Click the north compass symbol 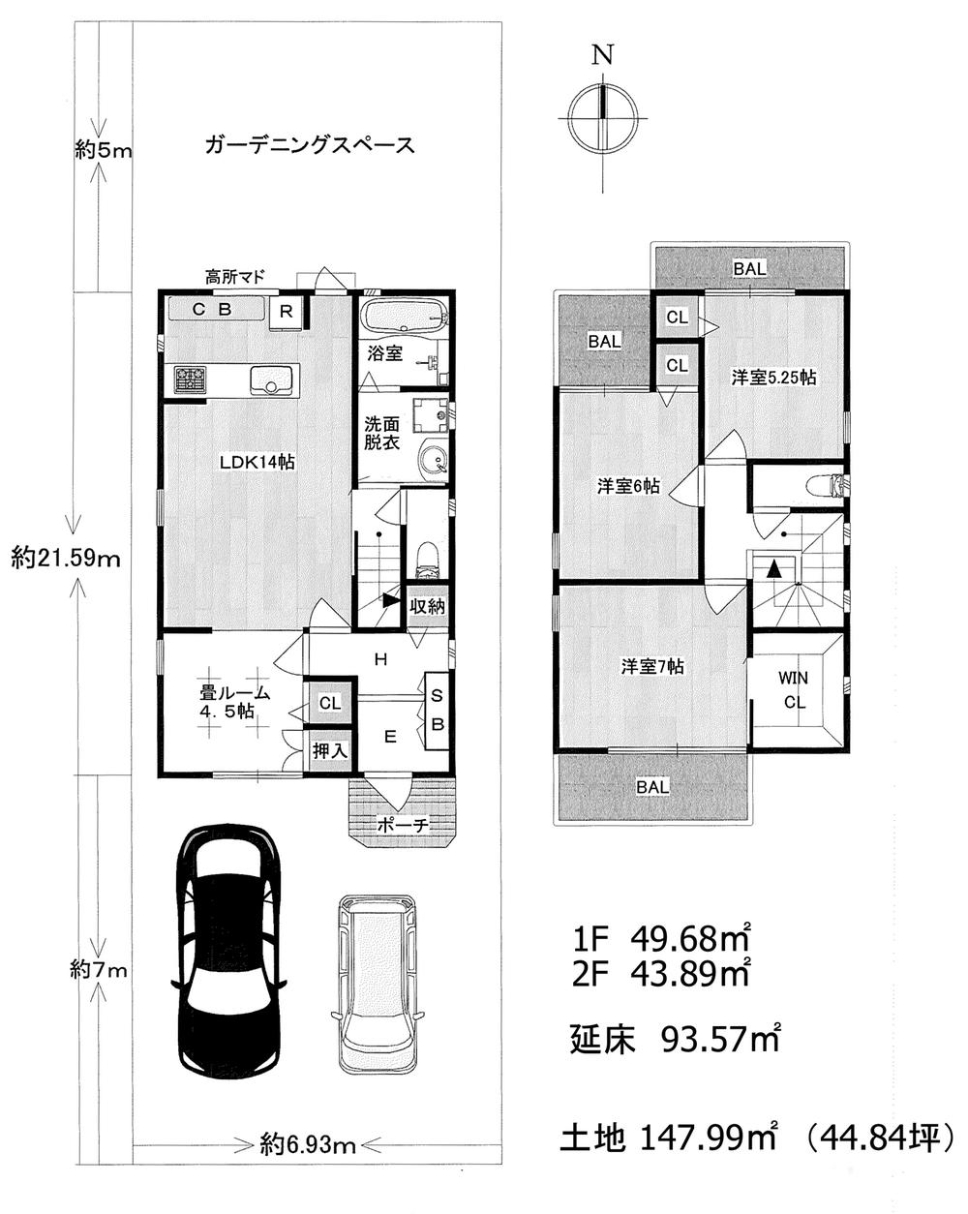tap(603, 116)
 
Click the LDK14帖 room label tap(257, 463)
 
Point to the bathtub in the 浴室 tap(403, 317)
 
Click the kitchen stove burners tap(190, 379)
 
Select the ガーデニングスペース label tap(310, 145)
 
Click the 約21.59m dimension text tap(67, 559)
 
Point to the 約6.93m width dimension tap(309, 1146)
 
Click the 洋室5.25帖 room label tap(773, 377)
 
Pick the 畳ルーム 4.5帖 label tap(233, 702)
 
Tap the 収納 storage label tap(427, 607)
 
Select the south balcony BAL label tap(652, 787)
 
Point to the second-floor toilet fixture tap(823, 484)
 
